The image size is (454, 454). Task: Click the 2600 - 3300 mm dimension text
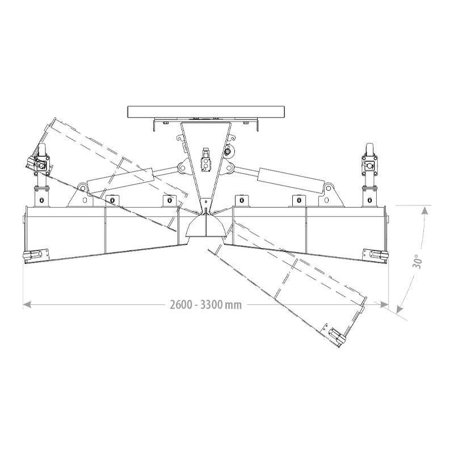(x=205, y=305)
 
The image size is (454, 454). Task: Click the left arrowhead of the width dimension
(x=27, y=305)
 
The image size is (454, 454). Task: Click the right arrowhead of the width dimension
(x=384, y=305)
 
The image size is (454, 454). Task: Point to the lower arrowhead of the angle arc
(x=400, y=309)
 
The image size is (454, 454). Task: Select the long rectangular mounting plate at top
(x=207, y=112)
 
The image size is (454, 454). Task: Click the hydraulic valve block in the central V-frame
(x=206, y=160)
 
